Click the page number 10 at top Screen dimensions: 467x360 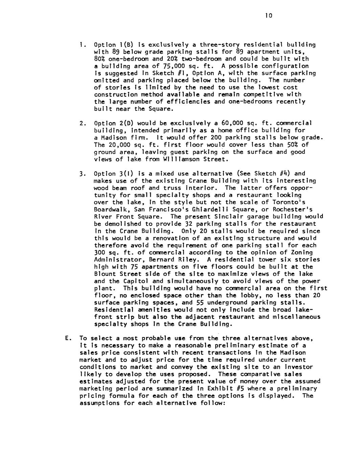[x=269, y=16]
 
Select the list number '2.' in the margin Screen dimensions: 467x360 [x=82, y=123]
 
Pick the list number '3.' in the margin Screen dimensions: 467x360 [x=82, y=174]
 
